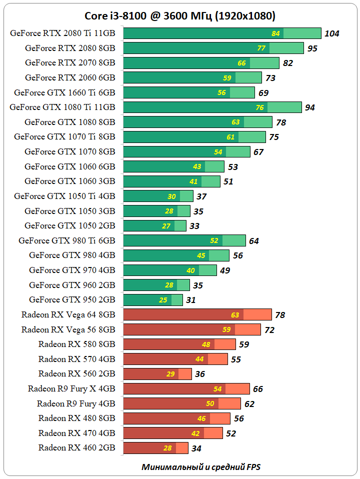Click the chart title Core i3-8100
click(180, 16)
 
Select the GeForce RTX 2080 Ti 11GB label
click(62, 33)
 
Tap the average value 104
click(331, 34)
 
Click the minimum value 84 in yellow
click(275, 33)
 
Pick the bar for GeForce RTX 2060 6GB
click(192, 77)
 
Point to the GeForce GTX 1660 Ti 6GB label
click(64, 92)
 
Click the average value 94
click(309, 107)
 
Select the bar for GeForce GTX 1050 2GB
click(154, 226)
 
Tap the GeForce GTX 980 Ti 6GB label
click(67, 240)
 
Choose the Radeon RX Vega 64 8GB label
click(68, 314)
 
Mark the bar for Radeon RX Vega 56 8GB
click(191, 329)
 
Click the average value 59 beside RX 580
click(243, 344)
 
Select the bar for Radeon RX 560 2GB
click(157, 374)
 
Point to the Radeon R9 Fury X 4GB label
click(71, 388)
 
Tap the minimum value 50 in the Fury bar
click(210, 403)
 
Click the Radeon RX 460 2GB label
click(76, 447)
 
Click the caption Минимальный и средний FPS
click(201, 467)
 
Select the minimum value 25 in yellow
click(163, 300)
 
